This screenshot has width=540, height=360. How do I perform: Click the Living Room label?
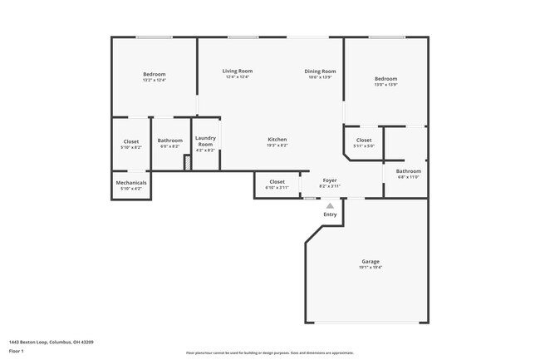237,72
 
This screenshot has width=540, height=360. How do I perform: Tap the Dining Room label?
320,72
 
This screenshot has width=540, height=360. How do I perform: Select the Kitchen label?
277,139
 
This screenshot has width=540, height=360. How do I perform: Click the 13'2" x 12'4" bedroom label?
155,75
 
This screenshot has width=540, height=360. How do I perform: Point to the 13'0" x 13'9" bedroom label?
385,79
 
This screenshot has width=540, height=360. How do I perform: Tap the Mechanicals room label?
131,183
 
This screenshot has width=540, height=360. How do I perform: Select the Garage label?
371,262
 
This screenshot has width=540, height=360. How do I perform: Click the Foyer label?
330,180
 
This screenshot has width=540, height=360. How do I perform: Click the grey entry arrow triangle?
330,205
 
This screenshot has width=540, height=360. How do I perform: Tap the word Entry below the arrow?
330,215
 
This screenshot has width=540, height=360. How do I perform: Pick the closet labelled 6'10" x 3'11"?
277,181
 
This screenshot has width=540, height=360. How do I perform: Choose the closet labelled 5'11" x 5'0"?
364,140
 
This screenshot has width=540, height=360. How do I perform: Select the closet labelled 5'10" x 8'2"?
131,141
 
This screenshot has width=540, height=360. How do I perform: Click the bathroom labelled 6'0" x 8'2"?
170,141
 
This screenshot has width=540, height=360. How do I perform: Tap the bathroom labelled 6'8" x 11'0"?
408,171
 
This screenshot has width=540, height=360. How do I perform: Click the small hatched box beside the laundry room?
188,164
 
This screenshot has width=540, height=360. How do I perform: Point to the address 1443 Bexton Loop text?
51,342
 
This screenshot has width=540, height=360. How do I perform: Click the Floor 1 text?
17,351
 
